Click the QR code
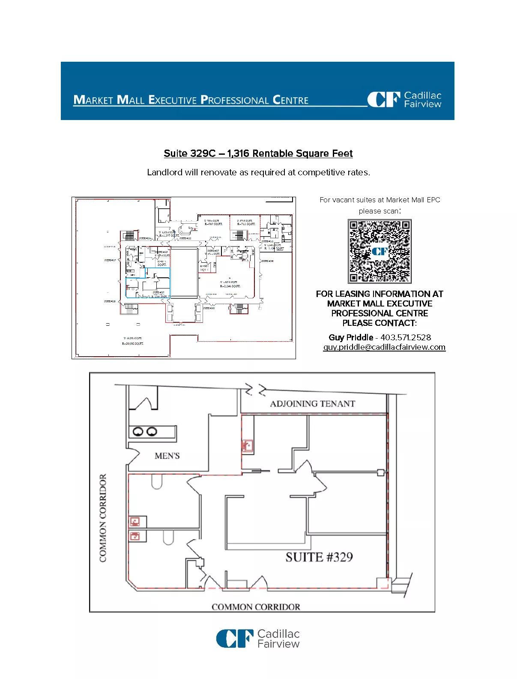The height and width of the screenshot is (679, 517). coord(379,251)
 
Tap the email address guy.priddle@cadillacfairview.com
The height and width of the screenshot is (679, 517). coord(384,347)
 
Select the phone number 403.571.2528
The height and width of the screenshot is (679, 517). coord(406,337)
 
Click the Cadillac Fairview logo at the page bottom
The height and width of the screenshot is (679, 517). coord(258,638)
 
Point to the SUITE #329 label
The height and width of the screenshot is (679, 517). coord(319,557)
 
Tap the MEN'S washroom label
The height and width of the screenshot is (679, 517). coord(167,456)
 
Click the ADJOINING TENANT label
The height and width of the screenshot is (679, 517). coord(312,404)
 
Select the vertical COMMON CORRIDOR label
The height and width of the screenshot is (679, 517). coord(103,517)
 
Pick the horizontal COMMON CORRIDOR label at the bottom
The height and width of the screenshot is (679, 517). coord(256,607)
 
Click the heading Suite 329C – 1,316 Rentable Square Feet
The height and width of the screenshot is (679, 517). coord(258,153)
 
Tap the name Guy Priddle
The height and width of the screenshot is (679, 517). coord(350,337)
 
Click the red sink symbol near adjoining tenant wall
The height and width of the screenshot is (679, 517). coord(247,445)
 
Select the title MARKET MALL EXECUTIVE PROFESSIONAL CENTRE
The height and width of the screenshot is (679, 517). coord(191,100)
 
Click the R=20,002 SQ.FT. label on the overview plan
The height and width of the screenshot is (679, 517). coord(133,343)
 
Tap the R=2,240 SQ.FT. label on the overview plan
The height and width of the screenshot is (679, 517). coord(230,286)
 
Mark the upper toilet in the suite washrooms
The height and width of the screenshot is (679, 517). coord(156,483)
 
